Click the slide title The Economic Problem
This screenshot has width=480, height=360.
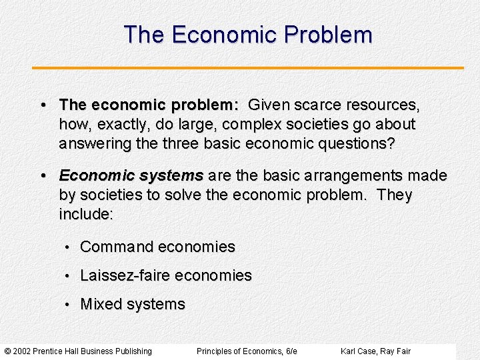pyautogui.click(x=247, y=35)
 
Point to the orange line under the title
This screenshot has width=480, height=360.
pyautogui.click(x=247, y=67)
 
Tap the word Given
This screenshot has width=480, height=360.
pyautogui.click(x=267, y=105)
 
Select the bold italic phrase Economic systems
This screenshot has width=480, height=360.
pyautogui.click(x=131, y=176)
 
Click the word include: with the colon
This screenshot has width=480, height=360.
pyautogui.click(x=86, y=215)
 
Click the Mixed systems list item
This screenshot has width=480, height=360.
pyautogui.click(x=133, y=305)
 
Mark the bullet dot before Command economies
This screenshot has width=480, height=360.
pyautogui.click(x=67, y=248)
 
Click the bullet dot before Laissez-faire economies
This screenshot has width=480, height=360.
pyautogui.click(x=67, y=277)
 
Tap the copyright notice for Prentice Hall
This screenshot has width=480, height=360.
pyautogui.click(x=78, y=351)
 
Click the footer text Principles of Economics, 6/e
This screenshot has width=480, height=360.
pyautogui.click(x=247, y=351)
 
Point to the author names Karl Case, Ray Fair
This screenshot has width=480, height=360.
pyautogui.click(x=375, y=351)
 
